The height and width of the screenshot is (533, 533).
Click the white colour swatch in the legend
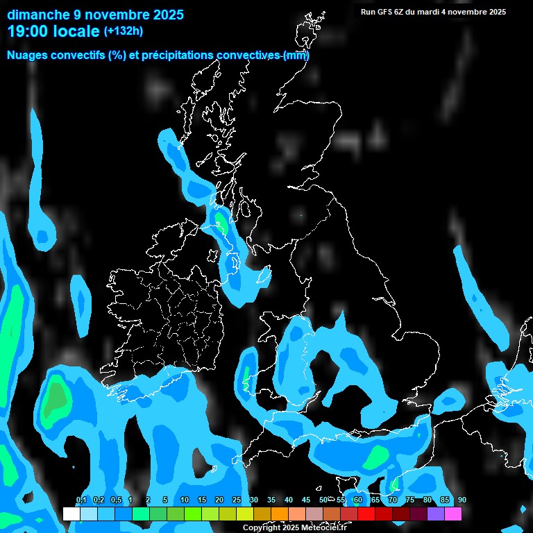(71, 514)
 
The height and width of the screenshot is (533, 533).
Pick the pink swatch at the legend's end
(452, 514)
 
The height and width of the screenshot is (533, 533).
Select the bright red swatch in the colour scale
(366, 514)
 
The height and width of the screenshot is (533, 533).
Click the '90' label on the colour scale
(462, 500)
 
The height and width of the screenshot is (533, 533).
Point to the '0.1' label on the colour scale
(81, 500)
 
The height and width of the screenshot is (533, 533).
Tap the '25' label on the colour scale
(236, 500)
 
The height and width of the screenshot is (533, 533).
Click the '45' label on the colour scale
(305, 500)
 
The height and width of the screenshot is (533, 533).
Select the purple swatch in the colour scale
(435, 514)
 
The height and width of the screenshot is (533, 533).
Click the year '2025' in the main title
(160, 14)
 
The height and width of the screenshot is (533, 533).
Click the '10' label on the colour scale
(184, 500)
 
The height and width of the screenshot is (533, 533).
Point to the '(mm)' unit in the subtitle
(296, 56)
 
